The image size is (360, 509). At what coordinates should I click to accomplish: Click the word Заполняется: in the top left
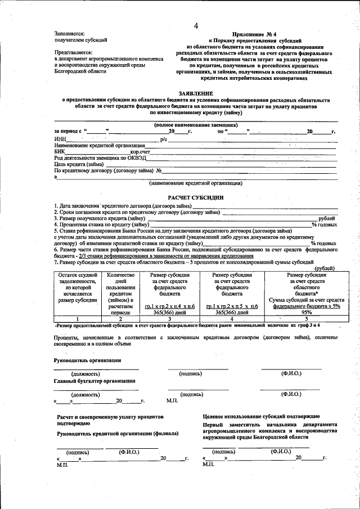tap(69, 34)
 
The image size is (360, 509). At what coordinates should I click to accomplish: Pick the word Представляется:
tap(73, 52)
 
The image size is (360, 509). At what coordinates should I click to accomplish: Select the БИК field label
tap(60, 151)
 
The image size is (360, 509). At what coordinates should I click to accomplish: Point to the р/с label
tap(164, 138)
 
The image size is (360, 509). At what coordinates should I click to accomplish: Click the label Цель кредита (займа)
tap(79, 164)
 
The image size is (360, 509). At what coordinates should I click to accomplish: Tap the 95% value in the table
tap(306, 313)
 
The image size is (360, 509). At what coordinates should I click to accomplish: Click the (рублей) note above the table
tap(326, 268)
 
